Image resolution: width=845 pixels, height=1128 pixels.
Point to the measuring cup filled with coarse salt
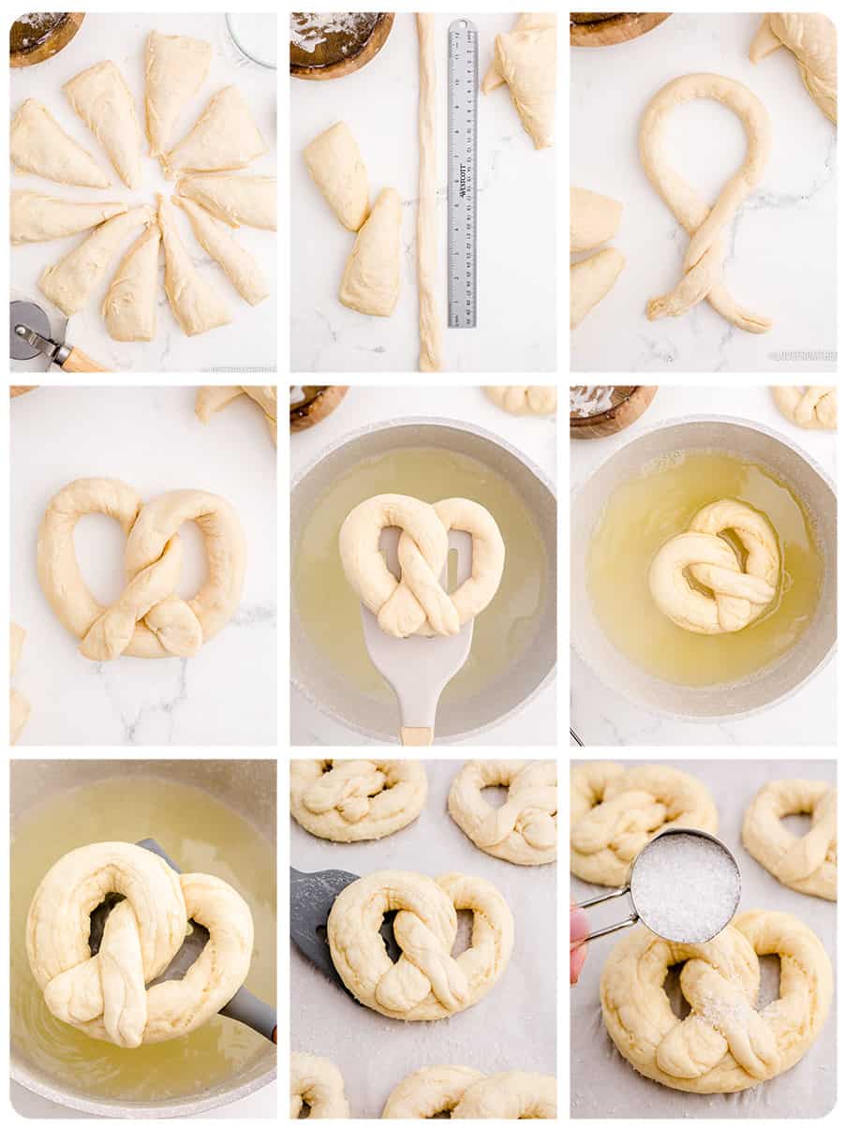pyautogui.click(x=685, y=885)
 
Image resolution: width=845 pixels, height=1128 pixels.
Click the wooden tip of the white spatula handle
pyautogui.click(x=416, y=735)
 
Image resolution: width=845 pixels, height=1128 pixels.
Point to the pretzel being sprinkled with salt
pyautogui.click(x=717, y=1002)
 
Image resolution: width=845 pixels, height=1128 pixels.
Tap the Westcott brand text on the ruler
pyautogui.click(x=462, y=197)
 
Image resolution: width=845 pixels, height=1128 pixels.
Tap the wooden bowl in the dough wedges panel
pyautogui.click(x=45, y=37)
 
